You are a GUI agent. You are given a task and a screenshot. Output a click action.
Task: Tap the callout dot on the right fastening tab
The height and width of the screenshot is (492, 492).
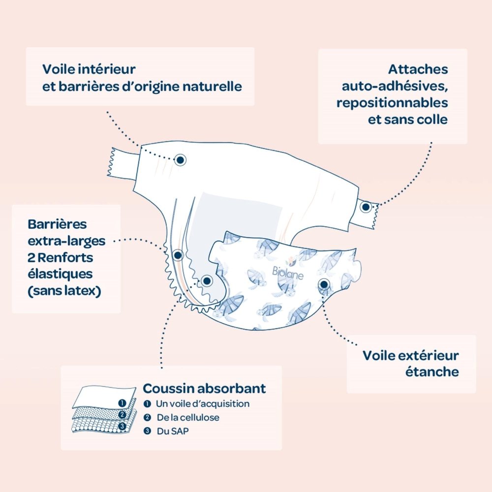pos(366,207)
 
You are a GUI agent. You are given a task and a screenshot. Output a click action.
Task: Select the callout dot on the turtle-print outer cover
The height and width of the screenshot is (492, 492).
pos(324,284)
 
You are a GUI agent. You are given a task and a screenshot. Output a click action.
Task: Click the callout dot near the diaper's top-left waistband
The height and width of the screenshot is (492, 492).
pos(181,159)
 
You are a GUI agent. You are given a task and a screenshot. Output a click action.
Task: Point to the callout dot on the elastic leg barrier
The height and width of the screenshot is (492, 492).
pos(178,255)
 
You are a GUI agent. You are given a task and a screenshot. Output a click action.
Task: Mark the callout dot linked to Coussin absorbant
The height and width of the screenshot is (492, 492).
pos(207,281)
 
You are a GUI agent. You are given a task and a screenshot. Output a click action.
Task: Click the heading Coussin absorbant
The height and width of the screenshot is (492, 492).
pos(204,388)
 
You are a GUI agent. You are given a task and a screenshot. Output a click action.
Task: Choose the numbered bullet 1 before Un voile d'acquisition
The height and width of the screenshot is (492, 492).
pos(147,404)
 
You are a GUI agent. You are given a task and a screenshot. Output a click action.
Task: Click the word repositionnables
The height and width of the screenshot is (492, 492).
pos(392,103)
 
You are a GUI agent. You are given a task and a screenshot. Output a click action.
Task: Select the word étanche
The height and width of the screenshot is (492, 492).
pos(432,371)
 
